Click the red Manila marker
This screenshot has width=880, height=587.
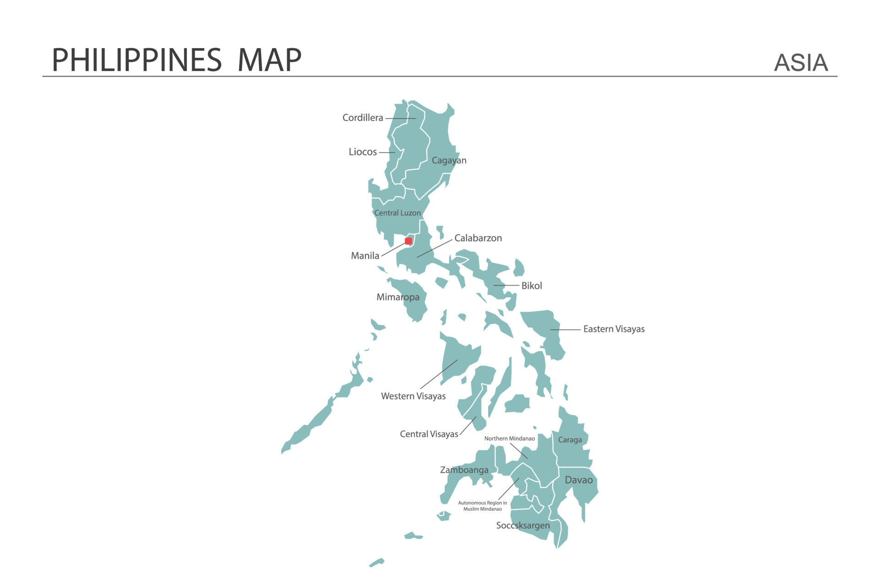coord(408,241)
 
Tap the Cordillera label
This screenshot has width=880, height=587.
coord(363,118)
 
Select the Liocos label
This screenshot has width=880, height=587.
coord(363,152)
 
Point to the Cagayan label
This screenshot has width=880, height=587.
coord(449,161)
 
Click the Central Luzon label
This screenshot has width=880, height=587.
coord(397,213)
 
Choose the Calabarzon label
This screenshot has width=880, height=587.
coord(478,238)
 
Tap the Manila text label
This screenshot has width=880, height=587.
coord(365,256)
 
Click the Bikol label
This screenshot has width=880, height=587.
coord(531,286)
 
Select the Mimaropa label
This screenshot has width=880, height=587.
coord(398,297)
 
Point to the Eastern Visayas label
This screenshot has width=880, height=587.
coord(613,329)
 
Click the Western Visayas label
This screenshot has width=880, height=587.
coord(413,396)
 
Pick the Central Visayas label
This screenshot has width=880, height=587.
coord(429,434)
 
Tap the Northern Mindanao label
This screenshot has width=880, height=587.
coord(509,439)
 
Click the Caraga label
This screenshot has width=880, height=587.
coord(570,440)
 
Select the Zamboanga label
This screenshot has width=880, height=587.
coord(464,470)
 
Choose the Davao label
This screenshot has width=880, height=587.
coord(578,480)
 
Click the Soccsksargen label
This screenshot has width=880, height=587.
coord(522,526)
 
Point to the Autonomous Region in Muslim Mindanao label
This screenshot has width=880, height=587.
coord(482,506)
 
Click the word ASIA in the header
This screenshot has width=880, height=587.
coord(801,63)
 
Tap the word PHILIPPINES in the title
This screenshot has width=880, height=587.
coord(137,60)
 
